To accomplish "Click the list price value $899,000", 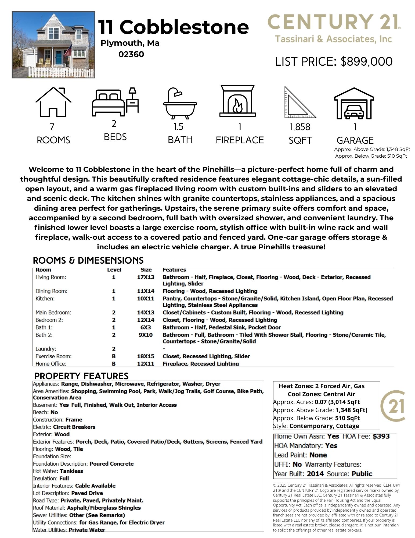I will pos(366,62).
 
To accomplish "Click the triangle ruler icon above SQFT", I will pos(299,103).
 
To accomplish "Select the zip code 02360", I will pos(131,54).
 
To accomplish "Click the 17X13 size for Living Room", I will pos(146,277).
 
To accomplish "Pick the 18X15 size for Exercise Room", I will pos(146,356).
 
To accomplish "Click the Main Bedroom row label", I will pos(53,313).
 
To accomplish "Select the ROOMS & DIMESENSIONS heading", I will pos(88,260).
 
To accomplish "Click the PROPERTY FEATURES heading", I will pos(81,376).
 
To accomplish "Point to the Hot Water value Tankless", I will pos(71,471).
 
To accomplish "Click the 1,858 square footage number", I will pos(300,127).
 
